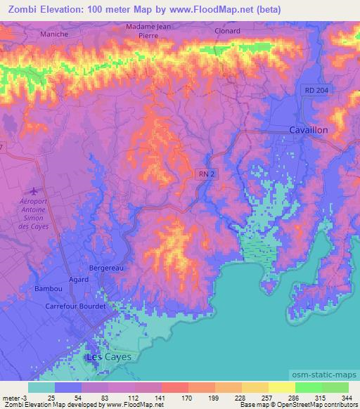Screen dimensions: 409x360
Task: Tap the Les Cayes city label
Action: click(108, 357)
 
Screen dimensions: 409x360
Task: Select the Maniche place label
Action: click(54, 34)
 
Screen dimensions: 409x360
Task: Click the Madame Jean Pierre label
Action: click(148, 30)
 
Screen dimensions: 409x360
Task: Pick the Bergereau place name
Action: click(107, 268)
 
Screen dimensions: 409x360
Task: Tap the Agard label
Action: click(79, 279)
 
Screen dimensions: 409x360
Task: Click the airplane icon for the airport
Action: click(33, 190)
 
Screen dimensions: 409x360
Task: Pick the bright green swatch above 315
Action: click(308, 387)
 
